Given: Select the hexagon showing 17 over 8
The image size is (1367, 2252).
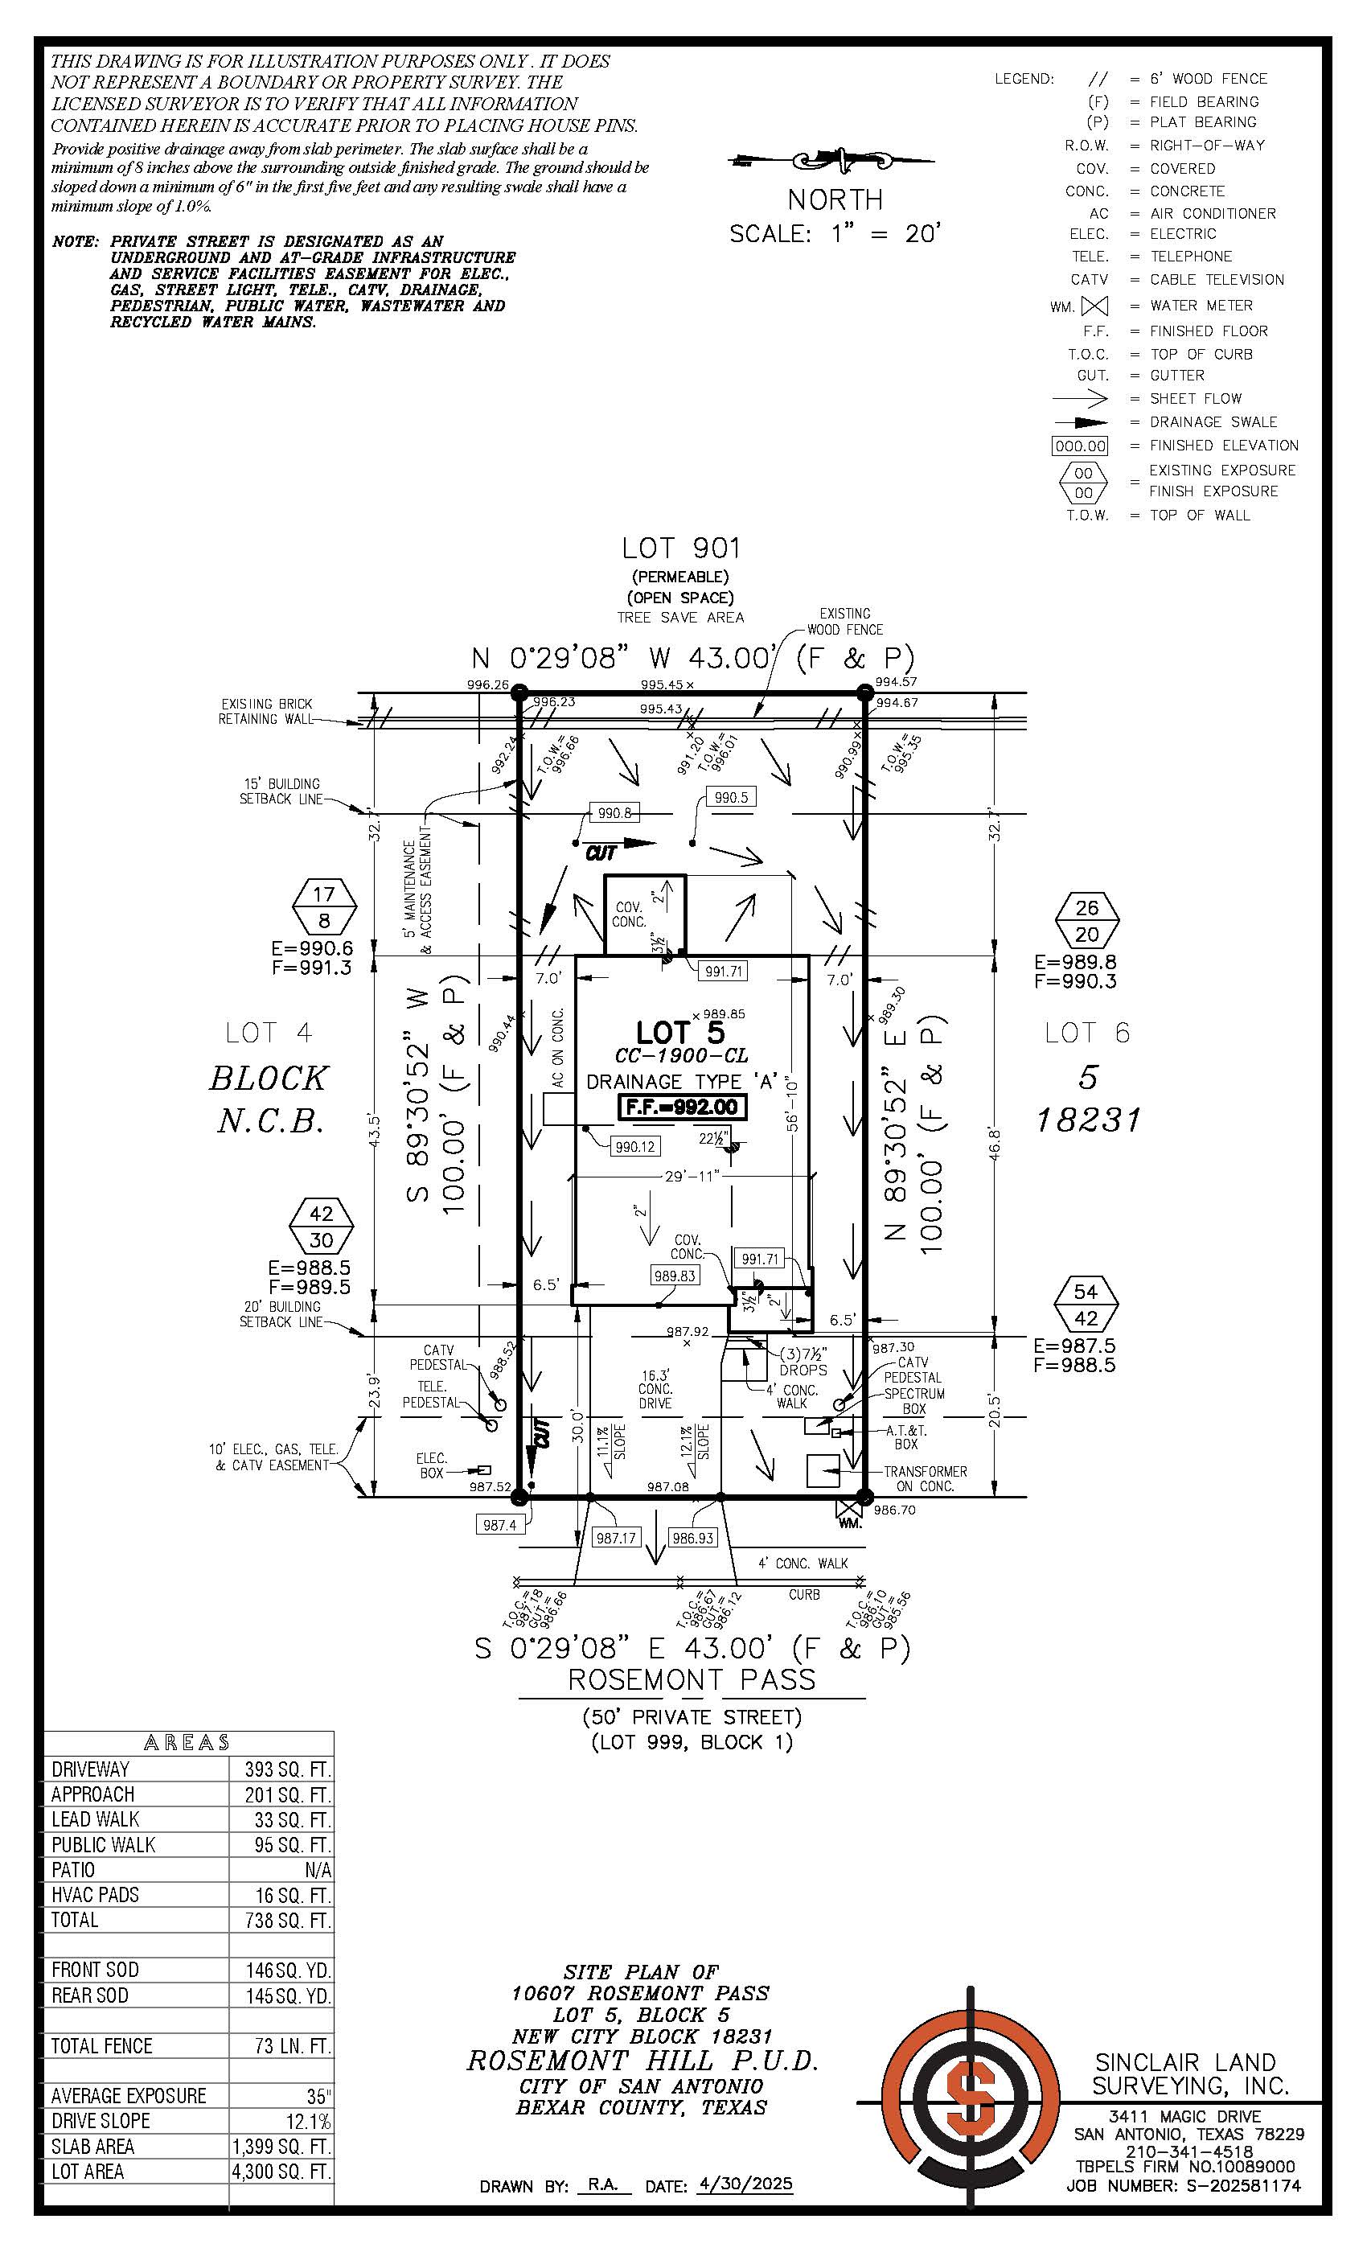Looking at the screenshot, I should click(x=323, y=906).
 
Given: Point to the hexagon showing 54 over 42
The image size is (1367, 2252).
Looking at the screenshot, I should click(x=1086, y=1305).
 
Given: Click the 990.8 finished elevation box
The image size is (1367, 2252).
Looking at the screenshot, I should click(x=614, y=812).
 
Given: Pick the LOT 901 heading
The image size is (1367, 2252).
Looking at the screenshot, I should click(x=681, y=549).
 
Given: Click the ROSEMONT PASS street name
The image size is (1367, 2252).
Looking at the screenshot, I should click(x=691, y=1679).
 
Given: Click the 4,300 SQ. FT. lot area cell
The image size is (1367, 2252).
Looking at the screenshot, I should click(x=281, y=2172).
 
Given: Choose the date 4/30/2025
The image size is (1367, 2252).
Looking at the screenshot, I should click(x=745, y=2184).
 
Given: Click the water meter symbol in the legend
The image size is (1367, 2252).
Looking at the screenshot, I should click(x=1094, y=306).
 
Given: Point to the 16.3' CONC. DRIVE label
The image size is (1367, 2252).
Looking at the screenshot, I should click(x=655, y=1388).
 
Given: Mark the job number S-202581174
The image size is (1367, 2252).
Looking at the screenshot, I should click(x=1242, y=2185).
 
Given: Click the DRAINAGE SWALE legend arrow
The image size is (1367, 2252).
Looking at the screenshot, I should click(x=1080, y=422).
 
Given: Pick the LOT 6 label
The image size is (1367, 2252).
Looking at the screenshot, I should click(x=1086, y=1033).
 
